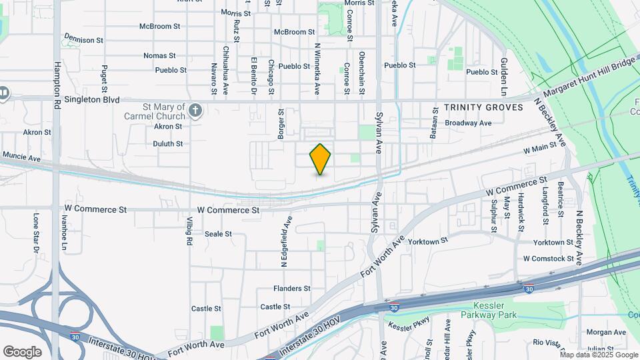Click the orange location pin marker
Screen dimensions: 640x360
coord(320,159)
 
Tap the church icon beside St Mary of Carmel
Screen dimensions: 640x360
coord(195,110)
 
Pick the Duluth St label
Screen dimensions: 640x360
coord(168,143)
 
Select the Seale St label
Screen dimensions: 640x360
coord(218,234)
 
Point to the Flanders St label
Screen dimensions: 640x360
coord(292,289)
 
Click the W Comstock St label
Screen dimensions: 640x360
coord(549,259)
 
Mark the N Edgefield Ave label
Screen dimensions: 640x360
coord(285,241)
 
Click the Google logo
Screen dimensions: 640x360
coord(23,351)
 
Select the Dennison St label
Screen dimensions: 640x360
coord(84,40)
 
